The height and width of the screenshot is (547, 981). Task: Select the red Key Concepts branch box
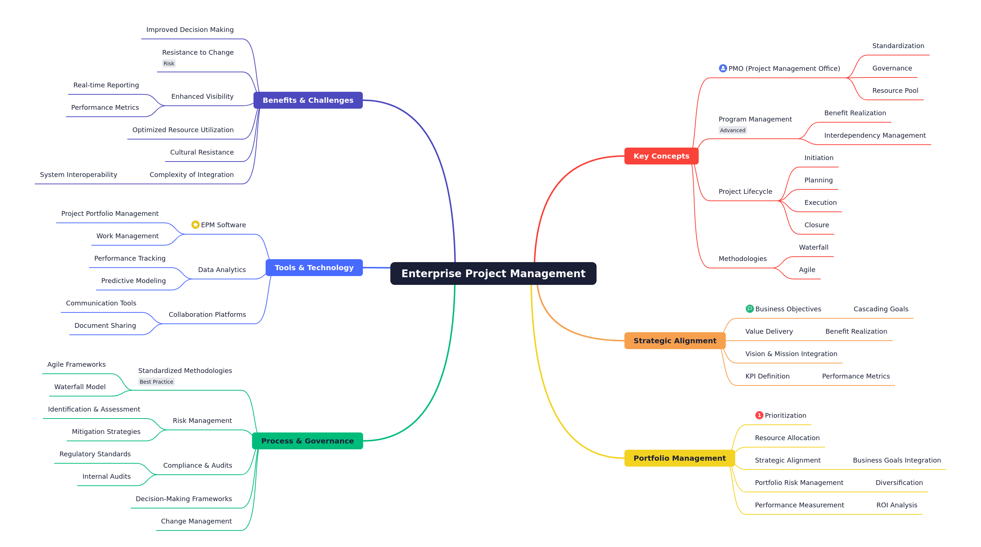(661, 156)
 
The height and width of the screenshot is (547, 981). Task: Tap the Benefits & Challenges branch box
(308, 100)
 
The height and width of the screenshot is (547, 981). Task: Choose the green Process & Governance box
(307, 441)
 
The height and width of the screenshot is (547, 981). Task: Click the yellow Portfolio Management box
(679, 458)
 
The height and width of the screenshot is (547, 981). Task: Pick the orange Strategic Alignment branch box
(675, 340)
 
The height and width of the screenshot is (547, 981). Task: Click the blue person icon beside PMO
(722, 68)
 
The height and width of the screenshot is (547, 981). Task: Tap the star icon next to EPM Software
(196, 225)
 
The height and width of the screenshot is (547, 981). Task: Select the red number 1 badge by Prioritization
(759, 415)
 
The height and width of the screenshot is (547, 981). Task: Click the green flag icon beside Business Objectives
(750, 309)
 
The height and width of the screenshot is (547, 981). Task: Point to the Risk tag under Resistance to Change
(169, 63)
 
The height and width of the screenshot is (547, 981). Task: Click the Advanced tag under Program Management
(732, 130)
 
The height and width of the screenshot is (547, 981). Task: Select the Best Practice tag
(156, 381)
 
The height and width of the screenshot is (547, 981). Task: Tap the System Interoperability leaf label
(79, 175)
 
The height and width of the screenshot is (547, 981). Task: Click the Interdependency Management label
(875, 135)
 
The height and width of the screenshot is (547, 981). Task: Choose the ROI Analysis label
(897, 505)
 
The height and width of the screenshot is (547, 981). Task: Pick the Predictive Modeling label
(133, 280)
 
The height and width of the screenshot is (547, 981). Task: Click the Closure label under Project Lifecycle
(817, 225)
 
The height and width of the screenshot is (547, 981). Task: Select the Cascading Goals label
(880, 309)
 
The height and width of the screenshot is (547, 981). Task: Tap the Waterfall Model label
(80, 387)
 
